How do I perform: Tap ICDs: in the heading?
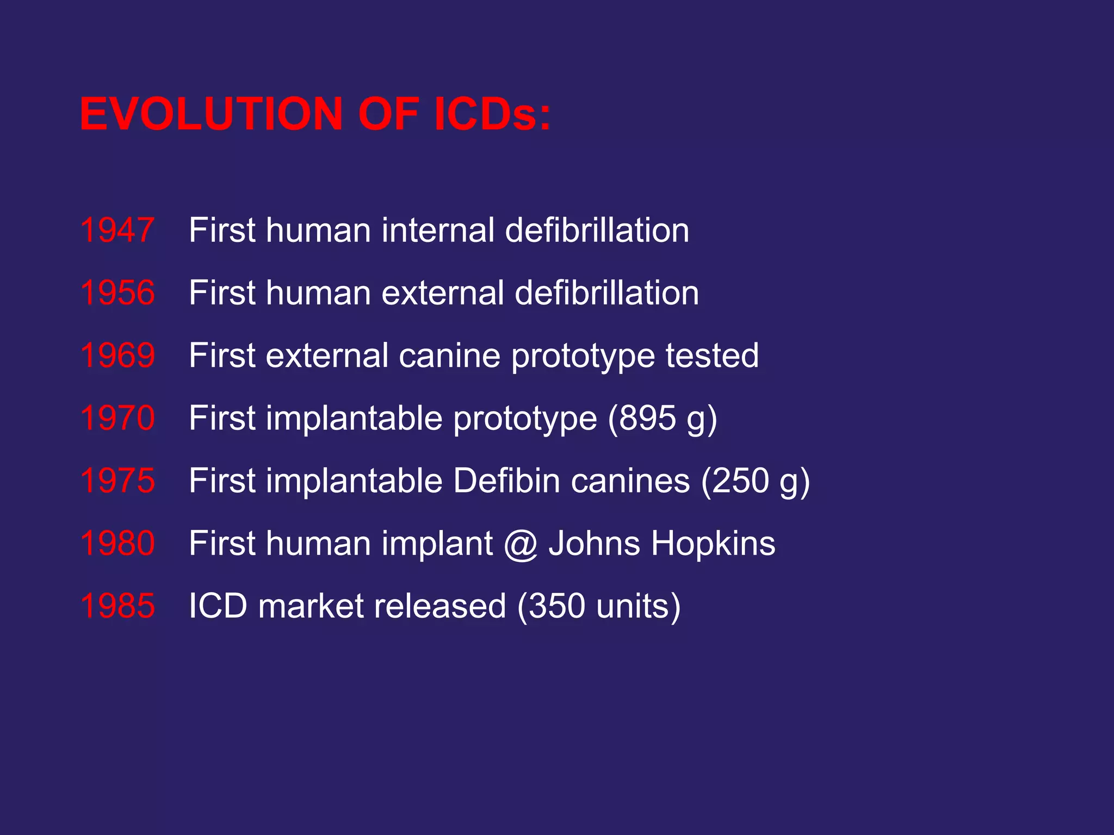coord(492,114)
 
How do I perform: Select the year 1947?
coord(117,230)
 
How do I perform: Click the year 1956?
coord(117,293)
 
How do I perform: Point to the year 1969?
coord(117,356)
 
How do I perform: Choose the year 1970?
coord(117,418)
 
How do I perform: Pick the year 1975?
coord(117,481)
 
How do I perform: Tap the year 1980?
coord(117,543)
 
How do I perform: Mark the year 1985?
coord(117,606)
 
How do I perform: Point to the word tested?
coord(712,356)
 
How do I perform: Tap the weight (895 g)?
coord(663,418)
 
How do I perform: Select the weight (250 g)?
coord(756,481)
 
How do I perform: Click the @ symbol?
coord(521,544)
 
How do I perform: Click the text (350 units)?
coord(599,606)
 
